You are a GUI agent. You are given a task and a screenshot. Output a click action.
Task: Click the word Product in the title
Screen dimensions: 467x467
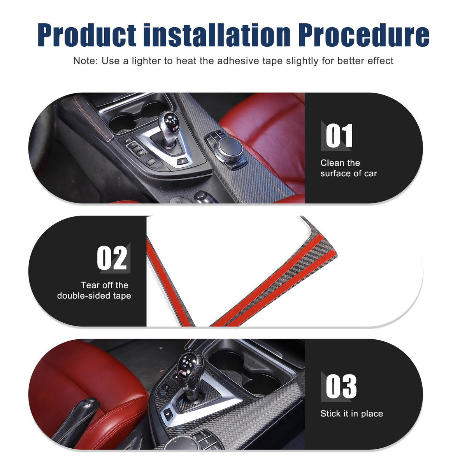(86, 35)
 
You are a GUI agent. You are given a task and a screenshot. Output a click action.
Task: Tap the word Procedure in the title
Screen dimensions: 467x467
(363, 35)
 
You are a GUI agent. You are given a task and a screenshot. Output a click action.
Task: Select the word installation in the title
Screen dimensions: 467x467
(217, 35)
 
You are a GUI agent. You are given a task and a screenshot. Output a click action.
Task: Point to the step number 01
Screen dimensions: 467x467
(339, 135)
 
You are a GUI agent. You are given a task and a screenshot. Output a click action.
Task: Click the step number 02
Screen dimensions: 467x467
(112, 258)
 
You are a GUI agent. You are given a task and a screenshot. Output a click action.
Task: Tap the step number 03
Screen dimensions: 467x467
(341, 386)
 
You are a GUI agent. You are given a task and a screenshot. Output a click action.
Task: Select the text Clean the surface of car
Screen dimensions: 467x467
(348, 168)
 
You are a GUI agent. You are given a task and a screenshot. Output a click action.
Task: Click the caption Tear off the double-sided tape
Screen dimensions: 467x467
(94, 290)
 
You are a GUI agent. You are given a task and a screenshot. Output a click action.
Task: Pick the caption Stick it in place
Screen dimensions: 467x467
(352, 414)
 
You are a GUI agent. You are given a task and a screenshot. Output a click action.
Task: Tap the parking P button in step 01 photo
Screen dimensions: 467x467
(182, 161)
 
